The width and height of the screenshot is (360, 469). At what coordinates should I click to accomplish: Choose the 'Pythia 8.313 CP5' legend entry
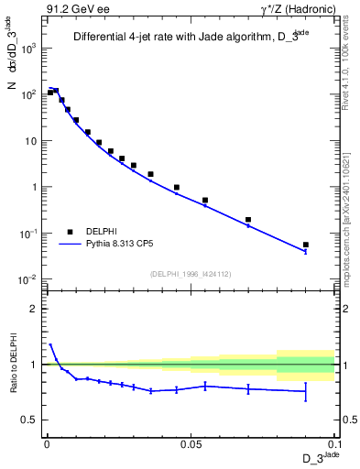[x=118, y=245]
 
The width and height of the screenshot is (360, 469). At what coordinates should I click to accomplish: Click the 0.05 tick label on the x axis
[x=191, y=443]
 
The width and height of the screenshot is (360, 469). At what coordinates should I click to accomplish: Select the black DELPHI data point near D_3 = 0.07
[x=248, y=220]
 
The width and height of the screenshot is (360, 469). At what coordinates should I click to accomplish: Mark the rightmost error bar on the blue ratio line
[x=306, y=391]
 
